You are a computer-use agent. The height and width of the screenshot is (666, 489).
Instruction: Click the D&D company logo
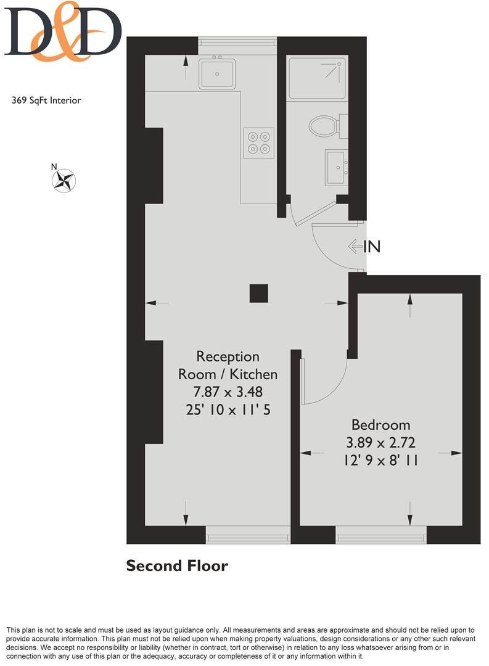pos(63,31)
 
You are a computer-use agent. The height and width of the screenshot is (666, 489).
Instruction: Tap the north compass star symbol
pos(64,181)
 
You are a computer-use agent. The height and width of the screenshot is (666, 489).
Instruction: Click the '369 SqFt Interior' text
pos(46,101)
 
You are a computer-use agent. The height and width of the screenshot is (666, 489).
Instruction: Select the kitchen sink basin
pos(216,73)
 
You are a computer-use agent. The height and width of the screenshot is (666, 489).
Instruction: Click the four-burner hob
pos(259,142)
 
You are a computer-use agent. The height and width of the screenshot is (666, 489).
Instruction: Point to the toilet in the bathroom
pos(328,126)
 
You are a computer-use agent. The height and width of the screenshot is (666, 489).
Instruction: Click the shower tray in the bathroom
pos(317,78)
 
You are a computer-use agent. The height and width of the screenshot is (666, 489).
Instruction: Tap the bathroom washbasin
pos(337,167)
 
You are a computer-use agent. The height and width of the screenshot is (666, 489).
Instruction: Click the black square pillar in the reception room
pos(259,293)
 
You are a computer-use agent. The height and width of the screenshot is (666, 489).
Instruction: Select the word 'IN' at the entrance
pos(372,246)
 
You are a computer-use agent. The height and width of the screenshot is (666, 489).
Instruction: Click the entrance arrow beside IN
pos(355,246)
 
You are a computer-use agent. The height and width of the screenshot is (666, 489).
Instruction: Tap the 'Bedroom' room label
pos(380,425)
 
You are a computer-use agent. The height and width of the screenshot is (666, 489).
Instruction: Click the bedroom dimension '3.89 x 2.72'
pos(380,443)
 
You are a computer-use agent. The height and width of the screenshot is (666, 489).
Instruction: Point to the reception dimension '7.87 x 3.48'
pos(228,392)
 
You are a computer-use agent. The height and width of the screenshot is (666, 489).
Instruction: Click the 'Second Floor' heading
pos(177,565)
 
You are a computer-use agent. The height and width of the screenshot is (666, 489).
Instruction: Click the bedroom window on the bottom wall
pos(381,535)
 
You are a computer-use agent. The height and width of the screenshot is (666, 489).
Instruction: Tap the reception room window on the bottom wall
pos(248,535)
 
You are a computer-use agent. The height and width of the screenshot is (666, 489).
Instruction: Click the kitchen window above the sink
pos(237,46)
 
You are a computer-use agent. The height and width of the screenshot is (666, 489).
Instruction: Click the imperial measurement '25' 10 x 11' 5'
pos(228,409)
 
